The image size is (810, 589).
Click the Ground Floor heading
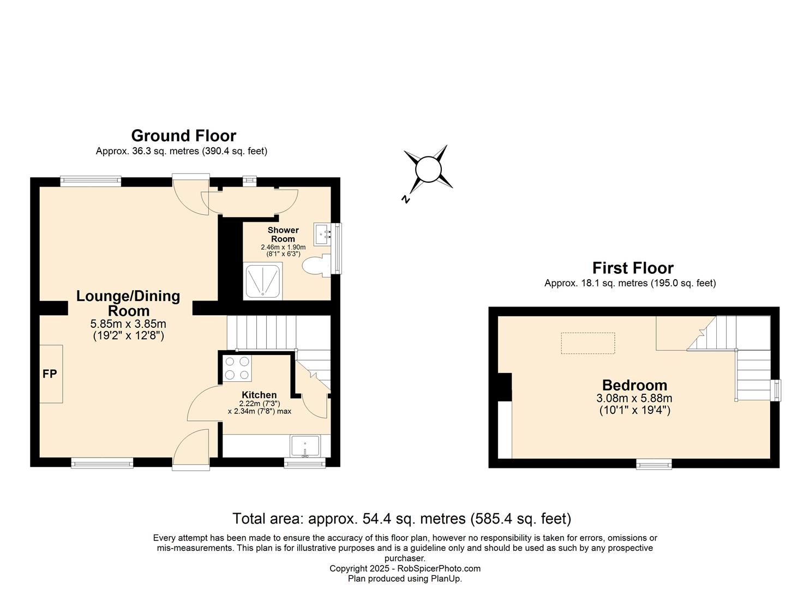pyautogui.click(x=183, y=136)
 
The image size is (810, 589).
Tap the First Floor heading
pyautogui.click(x=633, y=268)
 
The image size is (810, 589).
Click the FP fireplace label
pyautogui.click(x=50, y=374)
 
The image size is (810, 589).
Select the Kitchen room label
pyautogui.click(x=259, y=395)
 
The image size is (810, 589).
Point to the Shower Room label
pyautogui.click(x=283, y=235)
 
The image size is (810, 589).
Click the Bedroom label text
pyautogui.click(x=634, y=385)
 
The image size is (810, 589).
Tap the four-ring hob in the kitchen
pyautogui.click(x=237, y=368)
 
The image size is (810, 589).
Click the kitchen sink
pyautogui.click(x=305, y=446)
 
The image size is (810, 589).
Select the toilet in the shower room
pyautogui.click(x=316, y=266)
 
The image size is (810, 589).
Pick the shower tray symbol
pyautogui.click(x=263, y=281)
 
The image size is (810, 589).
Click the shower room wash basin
pyautogui.click(x=322, y=235)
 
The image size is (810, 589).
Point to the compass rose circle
pyautogui.click(x=428, y=169)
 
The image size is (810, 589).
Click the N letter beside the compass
pyautogui.click(x=406, y=199)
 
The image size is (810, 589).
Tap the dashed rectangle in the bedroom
pyautogui.click(x=587, y=343)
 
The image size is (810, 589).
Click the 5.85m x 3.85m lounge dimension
pyautogui.click(x=128, y=323)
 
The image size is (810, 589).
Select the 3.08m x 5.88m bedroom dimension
pyautogui.click(x=634, y=398)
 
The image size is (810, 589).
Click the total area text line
pyautogui.click(x=401, y=519)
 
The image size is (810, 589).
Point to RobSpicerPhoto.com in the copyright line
pyautogui.click(x=439, y=568)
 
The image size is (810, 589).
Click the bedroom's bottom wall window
pyautogui.click(x=654, y=464)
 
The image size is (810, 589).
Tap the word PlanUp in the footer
pyautogui.click(x=445, y=579)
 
